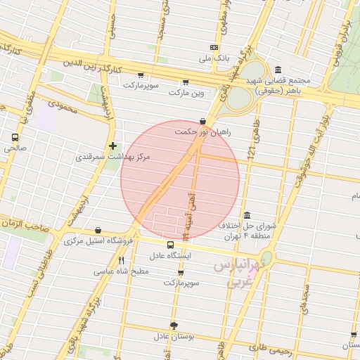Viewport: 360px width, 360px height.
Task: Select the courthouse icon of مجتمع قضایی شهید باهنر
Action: [x=278, y=70]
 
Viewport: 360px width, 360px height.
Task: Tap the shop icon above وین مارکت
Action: [x=185, y=82]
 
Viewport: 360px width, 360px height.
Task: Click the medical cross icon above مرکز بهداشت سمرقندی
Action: [x=112, y=146]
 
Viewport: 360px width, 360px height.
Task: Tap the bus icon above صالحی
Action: [x=15, y=138]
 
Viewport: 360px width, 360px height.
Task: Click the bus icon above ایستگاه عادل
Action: [x=171, y=245]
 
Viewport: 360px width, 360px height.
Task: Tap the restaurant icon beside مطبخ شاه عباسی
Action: [x=122, y=261]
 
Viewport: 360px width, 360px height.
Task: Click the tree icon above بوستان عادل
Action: [x=174, y=326]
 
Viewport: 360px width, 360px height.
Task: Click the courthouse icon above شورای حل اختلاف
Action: [x=247, y=214]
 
